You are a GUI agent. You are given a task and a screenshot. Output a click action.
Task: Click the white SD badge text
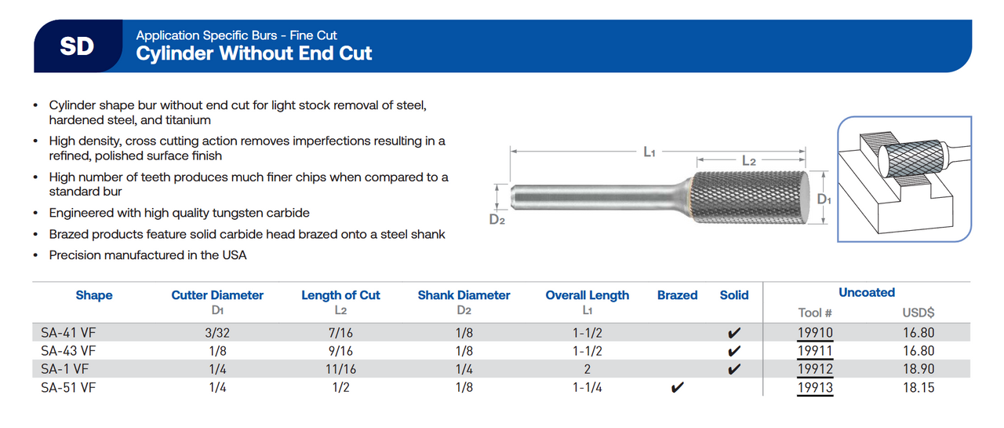click(77, 46)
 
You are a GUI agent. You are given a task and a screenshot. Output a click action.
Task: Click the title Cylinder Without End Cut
click(254, 53)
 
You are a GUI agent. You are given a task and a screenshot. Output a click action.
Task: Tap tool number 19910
click(815, 333)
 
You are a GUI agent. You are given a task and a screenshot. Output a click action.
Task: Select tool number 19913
click(815, 387)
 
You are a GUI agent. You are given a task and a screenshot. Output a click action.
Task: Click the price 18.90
click(918, 369)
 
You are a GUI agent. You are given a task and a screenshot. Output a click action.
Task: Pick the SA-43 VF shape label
click(68, 351)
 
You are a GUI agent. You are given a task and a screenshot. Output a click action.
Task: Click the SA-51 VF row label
click(68, 387)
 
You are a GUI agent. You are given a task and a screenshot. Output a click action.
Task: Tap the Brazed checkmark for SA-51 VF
click(678, 387)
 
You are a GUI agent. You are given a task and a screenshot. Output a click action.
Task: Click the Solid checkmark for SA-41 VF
click(734, 333)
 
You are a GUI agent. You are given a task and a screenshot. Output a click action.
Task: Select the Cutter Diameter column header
click(217, 295)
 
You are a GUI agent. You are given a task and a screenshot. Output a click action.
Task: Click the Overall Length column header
click(587, 295)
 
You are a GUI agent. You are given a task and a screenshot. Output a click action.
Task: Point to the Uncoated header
click(866, 292)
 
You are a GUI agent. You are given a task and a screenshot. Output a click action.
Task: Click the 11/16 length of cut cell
click(340, 369)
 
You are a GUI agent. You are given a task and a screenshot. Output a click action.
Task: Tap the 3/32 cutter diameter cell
click(217, 333)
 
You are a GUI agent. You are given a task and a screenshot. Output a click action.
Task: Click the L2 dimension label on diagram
click(748, 161)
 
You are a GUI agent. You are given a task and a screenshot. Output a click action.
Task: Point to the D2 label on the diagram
click(497, 219)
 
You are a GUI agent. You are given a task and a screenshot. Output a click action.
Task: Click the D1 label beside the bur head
click(824, 199)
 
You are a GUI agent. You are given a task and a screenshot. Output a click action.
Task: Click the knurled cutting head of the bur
click(749, 197)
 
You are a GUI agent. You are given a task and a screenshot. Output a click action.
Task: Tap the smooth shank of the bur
click(596, 196)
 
